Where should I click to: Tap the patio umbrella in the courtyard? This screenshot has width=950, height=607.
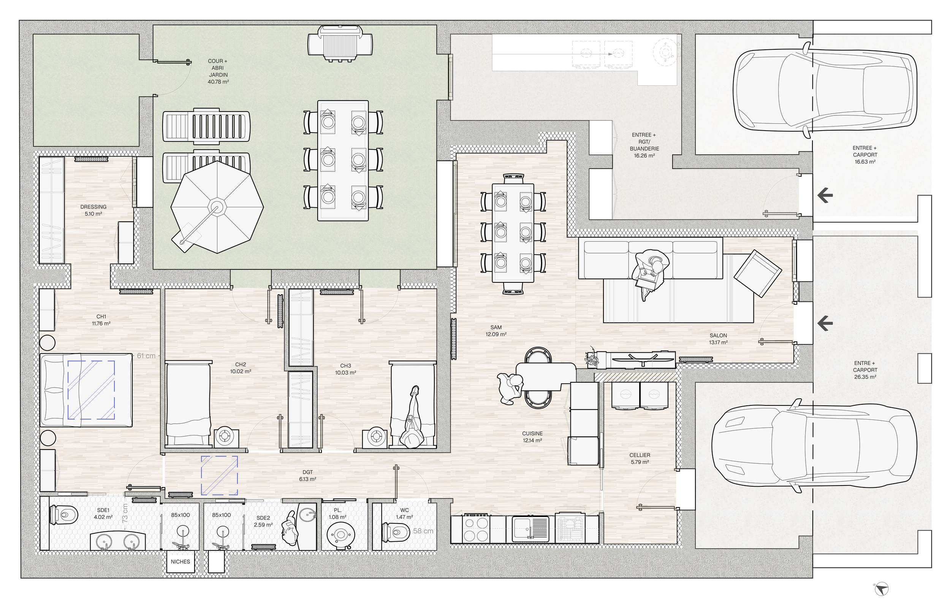217,207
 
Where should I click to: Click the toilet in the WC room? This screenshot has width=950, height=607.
396,532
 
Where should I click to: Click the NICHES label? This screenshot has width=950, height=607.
180,562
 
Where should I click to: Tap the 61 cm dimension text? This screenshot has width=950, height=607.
146,356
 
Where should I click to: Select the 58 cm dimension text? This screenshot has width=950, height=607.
423,531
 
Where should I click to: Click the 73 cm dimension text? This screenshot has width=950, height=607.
125,513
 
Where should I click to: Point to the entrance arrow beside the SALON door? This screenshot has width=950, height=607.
825,323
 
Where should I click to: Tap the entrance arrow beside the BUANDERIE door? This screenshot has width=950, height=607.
825,195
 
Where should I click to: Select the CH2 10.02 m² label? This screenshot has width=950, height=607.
241,368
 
